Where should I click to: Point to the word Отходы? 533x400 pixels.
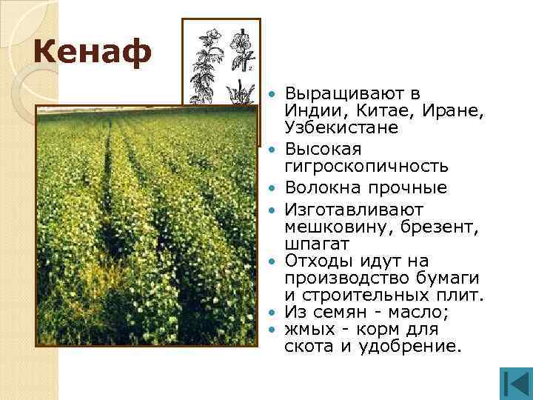(315, 261)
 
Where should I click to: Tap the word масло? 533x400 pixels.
(417, 313)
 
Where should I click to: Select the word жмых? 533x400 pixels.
(310, 330)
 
